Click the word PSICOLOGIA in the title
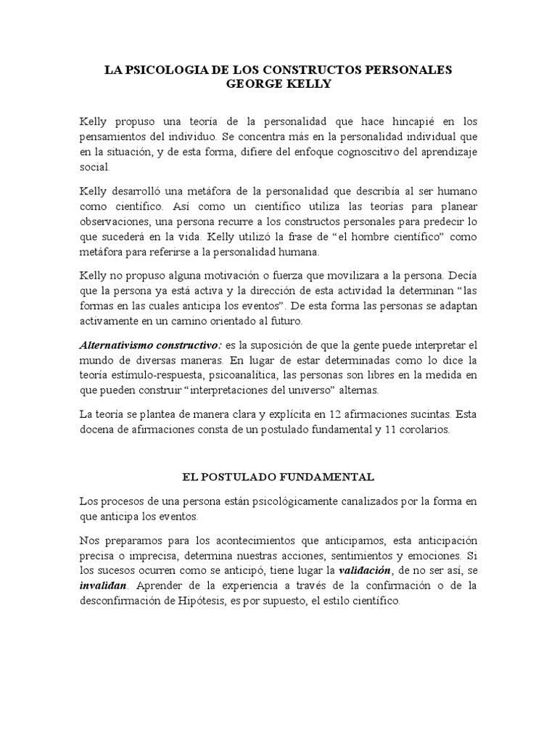click(157, 70)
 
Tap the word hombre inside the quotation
click(379, 237)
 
